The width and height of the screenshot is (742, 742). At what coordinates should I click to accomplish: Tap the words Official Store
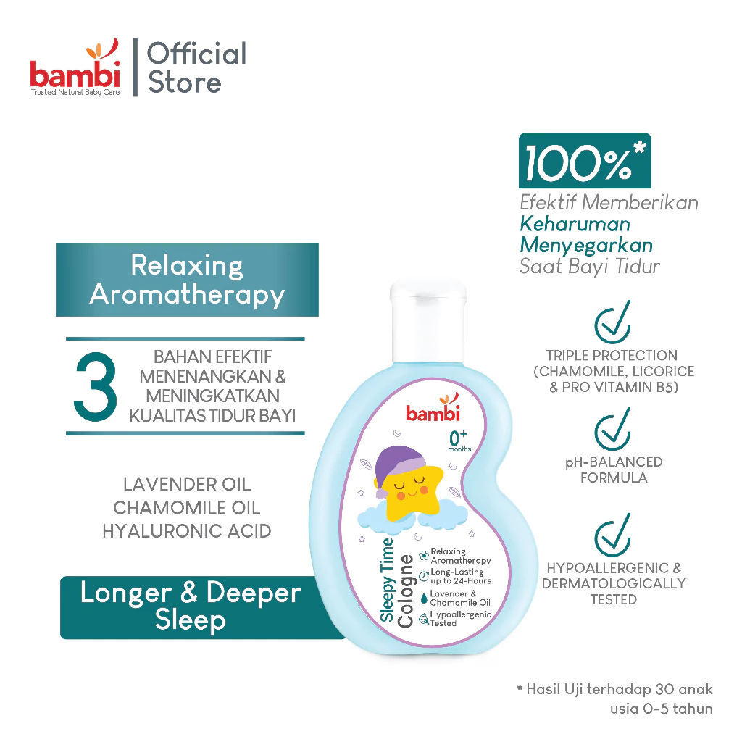coord(196,67)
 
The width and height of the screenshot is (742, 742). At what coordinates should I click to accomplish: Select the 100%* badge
coord(584,161)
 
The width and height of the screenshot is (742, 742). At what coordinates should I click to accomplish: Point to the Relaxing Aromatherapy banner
coord(187,280)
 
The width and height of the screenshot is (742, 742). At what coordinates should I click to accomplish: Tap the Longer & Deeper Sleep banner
coord(191,606)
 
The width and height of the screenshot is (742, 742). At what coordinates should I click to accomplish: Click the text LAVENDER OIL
coord(187,485)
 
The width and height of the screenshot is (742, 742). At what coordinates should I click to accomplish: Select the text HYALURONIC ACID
coord(187,531)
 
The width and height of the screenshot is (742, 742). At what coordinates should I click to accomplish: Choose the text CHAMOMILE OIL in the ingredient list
coord(187,508)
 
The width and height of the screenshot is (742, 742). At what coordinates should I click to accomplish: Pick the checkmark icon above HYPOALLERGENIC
coord(612,537)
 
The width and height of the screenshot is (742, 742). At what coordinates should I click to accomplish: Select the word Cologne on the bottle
coord(407,587)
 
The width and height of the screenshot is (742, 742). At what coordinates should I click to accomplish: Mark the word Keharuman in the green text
coord(575,224)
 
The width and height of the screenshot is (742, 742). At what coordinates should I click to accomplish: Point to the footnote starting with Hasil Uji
coord(616,698)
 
